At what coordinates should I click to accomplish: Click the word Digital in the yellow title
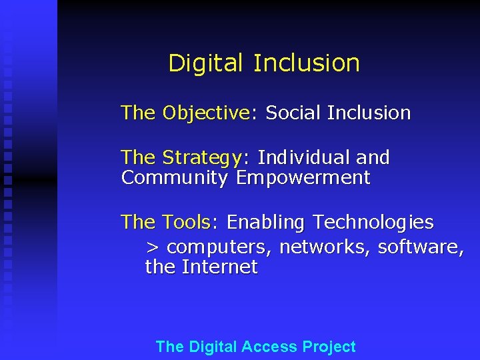pos(207,63)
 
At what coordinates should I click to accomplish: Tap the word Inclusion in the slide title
pos(306,63)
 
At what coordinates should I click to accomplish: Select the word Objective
pos(205,113)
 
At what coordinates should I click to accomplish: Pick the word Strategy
pos(203,158)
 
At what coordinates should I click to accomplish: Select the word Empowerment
pos(303,178)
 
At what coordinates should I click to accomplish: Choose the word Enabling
pos(267,222)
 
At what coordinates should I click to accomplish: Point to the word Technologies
pos(373,222)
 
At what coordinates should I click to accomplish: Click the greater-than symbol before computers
pos(153,247)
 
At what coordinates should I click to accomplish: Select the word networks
pos(325,247)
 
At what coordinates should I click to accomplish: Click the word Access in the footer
pos(269,347)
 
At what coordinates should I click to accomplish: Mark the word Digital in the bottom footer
pos(213,347)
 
